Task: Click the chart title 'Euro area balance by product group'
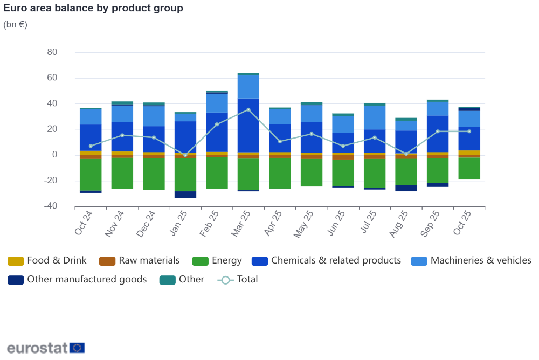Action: coord(93,8)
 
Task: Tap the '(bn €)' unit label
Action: coord(15,24)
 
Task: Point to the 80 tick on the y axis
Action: coord(52,52)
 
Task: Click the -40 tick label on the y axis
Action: coord(51,206)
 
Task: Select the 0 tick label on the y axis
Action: coord(54,155)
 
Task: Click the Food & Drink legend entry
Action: coord(47,260)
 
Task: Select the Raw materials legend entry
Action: coord(140,260)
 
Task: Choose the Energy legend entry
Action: coord(217,260)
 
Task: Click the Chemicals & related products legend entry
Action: coord(327,260)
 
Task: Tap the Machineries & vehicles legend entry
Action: coord(471,260)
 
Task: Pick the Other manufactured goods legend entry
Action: coord(77,279)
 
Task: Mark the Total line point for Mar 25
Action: coord(248,110)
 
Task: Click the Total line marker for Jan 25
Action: coord(185,155)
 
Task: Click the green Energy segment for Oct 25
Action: coord(469,168)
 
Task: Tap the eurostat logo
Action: coord(46,348)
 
